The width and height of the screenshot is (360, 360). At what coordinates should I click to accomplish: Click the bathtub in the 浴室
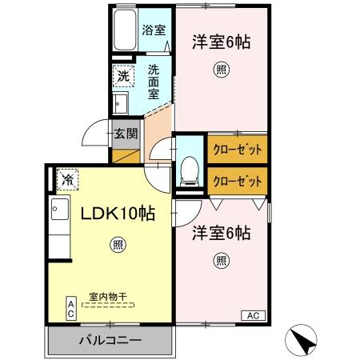125,30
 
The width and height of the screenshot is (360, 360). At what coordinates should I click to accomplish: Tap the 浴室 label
154,30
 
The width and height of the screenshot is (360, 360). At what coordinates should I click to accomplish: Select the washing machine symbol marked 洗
123,76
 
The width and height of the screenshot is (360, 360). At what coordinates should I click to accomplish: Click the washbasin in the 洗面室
120,103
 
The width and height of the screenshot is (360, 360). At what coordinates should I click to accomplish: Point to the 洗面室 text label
154,82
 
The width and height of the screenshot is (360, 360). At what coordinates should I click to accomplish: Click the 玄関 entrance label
126,134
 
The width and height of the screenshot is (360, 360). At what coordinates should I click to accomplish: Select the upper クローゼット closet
238,150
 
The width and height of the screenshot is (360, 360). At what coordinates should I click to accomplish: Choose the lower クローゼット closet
238,181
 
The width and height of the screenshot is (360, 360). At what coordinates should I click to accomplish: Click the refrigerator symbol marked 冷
67,179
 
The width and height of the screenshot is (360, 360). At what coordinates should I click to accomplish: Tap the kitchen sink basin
60,209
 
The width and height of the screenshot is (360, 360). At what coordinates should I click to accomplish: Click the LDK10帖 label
118,214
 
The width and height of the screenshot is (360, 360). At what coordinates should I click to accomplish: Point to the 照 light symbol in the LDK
118,245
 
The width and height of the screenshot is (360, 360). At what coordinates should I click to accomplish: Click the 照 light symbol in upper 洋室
221,70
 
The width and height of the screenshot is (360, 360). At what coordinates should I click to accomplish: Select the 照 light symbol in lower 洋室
221,261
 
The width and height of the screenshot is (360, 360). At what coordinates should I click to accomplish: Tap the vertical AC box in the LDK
71,308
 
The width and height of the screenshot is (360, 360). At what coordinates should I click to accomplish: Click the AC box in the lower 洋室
254,315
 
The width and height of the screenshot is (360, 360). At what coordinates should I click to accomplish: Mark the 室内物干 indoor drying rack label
108,297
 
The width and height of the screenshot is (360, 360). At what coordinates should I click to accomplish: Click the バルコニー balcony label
110,340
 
